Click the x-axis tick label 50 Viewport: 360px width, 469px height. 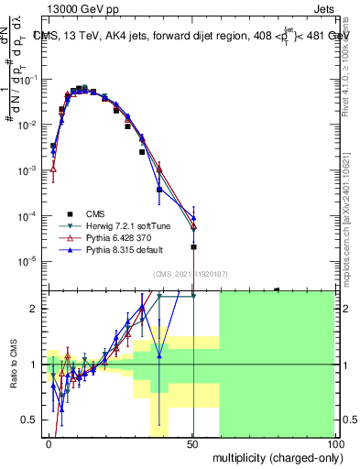tap(192, 443)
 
